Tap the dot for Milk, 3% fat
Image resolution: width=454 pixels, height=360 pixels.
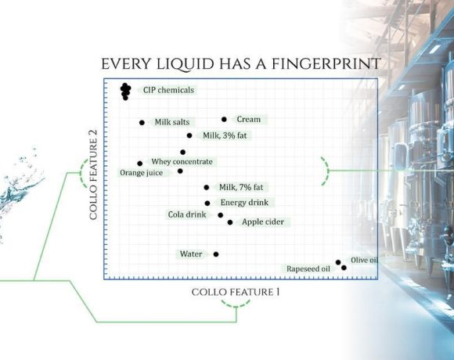coord(189,135)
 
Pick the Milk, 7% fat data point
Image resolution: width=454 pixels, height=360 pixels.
coord(207,188)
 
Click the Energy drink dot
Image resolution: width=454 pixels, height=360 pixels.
coord(207,203)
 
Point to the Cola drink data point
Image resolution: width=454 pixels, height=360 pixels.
coord(220,215)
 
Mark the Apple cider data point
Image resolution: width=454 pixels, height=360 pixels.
coord(230,222)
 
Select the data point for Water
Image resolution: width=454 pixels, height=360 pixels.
coord(216,254)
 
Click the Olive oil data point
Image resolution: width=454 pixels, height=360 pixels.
coord(338,262)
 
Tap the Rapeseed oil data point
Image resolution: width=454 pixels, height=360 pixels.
coord(344,268)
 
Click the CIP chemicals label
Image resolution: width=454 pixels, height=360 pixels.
coord(168,90)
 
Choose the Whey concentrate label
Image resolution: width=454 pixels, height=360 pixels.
coord(182,161)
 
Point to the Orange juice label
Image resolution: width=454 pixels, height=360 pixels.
coord(142,173)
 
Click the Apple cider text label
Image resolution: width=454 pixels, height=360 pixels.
coord(263,222)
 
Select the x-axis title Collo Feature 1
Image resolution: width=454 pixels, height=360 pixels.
coord(236,292)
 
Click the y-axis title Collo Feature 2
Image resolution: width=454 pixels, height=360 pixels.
coord(93,175)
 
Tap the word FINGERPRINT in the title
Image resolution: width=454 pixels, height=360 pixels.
coord(325,64)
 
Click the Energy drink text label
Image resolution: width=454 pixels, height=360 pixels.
coord(244,203)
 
